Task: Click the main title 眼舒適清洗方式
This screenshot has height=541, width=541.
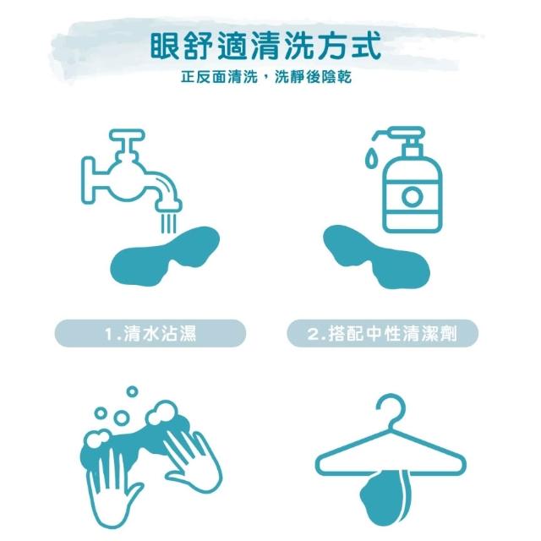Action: pyautogui.click(x=265, y=46)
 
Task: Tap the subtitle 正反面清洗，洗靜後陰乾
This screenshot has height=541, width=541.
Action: pyautogui.click(x=266, y=77)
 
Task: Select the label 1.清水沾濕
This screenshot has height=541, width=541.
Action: pyautogui.click(x=150, y=334)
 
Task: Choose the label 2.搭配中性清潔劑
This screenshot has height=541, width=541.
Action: pyautogui.click(x=382, y=334)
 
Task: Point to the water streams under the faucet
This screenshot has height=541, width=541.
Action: pyautogui.click(x=169, y=223)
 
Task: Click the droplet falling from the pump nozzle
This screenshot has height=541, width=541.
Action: pyautogui.click(x=370, y=159)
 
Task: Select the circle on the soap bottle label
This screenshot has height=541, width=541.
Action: pyautogui.click(x=413, y=197)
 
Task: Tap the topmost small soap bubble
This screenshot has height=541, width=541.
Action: pyautogui.click(x=132, y=391)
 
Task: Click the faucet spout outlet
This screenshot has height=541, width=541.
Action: pyautogui.click(x=168, y=206)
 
